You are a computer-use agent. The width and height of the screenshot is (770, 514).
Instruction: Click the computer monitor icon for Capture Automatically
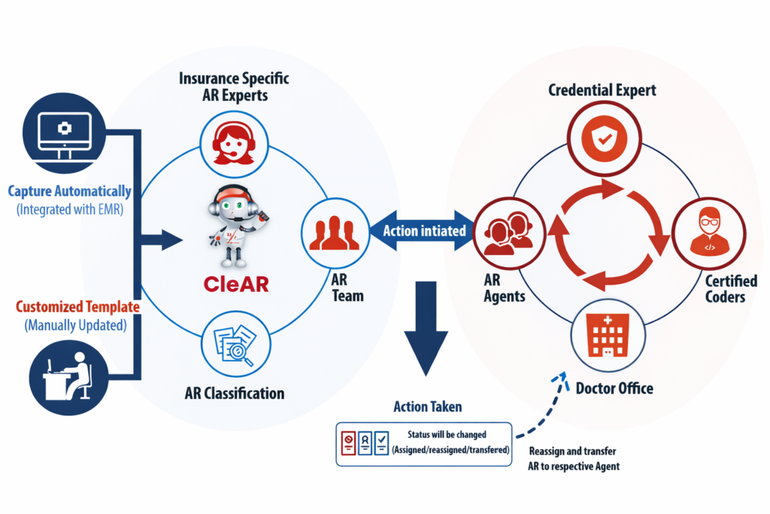pos(63,135)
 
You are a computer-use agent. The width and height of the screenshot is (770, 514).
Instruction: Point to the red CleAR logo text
pos(236,284)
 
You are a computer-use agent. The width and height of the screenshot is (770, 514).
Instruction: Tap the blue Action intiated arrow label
pos(424,230)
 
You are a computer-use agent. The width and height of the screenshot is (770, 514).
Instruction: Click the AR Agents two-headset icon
pos(503,230)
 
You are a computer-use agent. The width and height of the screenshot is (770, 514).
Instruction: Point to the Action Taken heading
pos(428,407)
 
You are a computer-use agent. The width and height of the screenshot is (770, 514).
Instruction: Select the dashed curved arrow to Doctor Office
pos(538,410)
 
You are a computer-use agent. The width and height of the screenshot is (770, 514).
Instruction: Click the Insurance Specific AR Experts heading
pos(234,87)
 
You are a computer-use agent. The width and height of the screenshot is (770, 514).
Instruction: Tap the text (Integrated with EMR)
pos(71,210)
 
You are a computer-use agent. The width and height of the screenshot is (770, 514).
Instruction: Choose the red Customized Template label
pos(73,307)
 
